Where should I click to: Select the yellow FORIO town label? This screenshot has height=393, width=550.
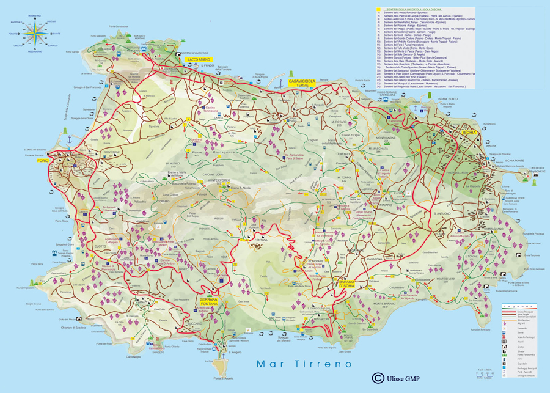(x=60, y=160)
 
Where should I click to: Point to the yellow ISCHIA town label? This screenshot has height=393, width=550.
(x=469, y=133)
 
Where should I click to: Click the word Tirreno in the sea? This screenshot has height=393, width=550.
(x=328, y=364)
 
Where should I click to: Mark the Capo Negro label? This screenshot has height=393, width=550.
(x=133, y=356)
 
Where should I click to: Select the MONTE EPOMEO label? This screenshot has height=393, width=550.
(x=218, y=180)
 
